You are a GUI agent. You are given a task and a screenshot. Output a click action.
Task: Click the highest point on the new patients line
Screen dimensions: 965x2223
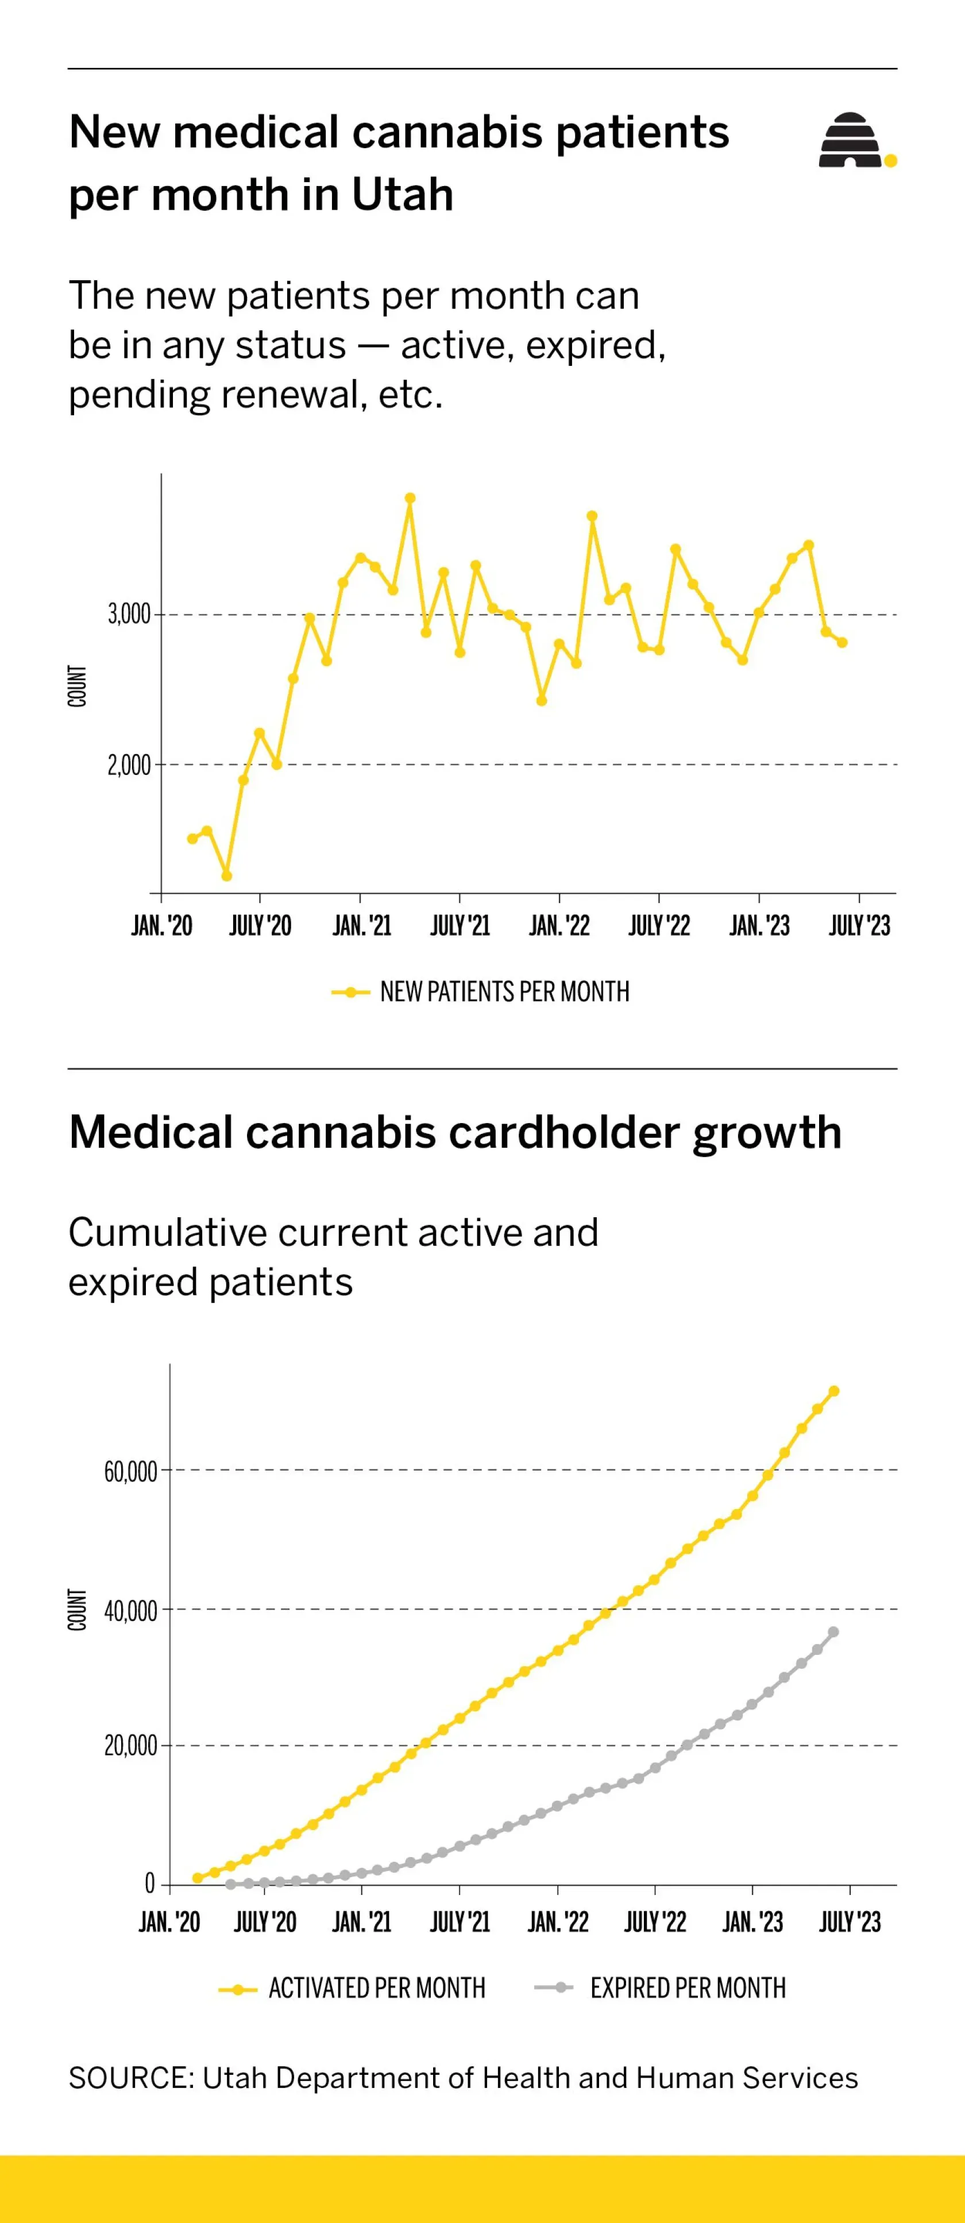coord(410,498)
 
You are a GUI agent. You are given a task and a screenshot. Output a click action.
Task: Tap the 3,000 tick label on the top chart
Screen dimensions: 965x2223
coord(129,615)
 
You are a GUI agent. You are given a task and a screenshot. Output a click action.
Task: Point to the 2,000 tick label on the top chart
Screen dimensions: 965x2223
coord(129,765)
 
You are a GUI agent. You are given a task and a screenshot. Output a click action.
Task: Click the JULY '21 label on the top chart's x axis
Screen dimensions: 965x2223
coord(460,926)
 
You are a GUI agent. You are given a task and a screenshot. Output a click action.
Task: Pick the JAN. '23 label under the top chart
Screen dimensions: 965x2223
coord(759,926)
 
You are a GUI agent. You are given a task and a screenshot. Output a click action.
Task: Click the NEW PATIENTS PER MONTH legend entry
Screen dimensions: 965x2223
coord(481,991)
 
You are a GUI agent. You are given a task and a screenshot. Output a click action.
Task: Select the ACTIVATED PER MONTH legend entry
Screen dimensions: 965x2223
coord(352,1988)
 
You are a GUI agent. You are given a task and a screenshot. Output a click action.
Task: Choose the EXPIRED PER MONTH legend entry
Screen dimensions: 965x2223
coord(661,1988)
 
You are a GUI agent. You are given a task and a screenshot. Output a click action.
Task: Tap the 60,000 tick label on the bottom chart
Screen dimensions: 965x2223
coord(130,1471)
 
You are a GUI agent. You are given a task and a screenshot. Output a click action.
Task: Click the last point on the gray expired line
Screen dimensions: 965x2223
coord(833,1632)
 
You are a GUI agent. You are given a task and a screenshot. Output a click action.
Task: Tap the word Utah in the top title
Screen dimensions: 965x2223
coord(402,194)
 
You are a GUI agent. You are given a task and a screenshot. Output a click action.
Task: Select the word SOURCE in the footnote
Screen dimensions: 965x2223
coord(131,2078)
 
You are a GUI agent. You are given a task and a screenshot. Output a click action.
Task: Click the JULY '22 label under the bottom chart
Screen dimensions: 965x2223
coord(655,1923)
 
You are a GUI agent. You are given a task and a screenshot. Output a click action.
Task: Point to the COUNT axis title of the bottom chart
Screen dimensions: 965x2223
coord(78,1610)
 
